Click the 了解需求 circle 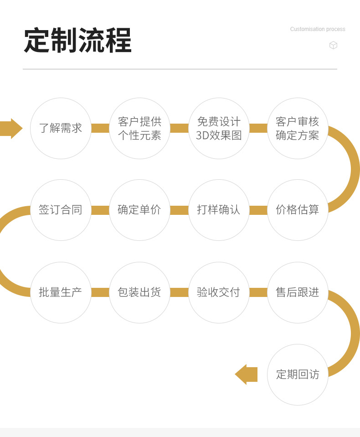[61, 128]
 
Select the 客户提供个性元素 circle [139, 128]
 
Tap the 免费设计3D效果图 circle [219, 128]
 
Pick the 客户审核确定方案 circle [298, 128]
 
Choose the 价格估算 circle [298, 210]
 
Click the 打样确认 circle [219, 210]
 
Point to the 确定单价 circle [139, 210]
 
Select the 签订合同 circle [61, 210]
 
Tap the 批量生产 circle [61, 292]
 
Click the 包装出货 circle [139, 292]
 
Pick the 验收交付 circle [219, 292]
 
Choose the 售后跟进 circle [298, 292]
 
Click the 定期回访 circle [298, 375]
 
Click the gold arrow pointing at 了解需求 [10, 128]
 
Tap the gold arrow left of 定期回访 [247, 375]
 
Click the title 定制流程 [77, 41]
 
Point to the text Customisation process [318, 29]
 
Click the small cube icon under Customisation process [333, 45]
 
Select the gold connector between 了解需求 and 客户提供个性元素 [100, 128]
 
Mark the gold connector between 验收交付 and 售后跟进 [258, 292]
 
